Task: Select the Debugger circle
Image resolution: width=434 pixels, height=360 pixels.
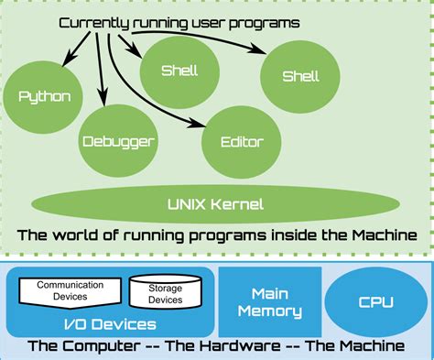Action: tap(117, 141)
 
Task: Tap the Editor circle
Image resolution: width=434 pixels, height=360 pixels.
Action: tap(242, 141)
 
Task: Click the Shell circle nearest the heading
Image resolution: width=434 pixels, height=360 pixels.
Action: tap(179, 70)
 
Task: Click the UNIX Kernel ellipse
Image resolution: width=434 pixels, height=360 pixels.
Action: tap(217, 202)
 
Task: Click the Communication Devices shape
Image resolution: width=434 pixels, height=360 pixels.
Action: tap(70, 290)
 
